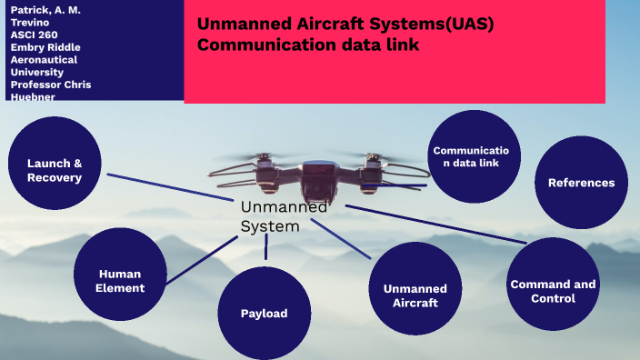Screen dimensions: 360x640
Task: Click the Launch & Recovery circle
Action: pos(55,170)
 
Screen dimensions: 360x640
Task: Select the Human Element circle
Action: pos(121,279)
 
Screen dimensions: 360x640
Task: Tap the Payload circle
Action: pos(264,314)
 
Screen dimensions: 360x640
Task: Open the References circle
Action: pos(581,183)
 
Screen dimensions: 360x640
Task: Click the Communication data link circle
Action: pos(474,156)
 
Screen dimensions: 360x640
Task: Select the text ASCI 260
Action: pos(35,35)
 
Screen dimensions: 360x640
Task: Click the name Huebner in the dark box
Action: pos(33,96)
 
